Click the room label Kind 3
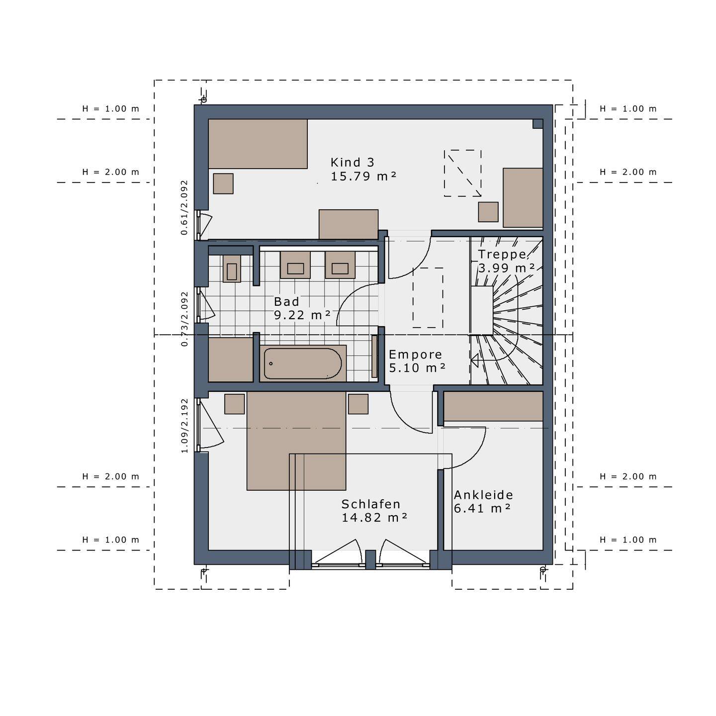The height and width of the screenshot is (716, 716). point(352,162)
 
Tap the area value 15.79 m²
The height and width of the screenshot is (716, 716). point(363,176)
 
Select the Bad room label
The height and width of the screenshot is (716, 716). point(286,302)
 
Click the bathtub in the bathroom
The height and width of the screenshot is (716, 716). point(302,363)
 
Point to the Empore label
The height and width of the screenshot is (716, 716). point(415,355)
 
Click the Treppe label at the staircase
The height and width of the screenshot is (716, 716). point(502,255)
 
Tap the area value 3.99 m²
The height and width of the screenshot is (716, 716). point(506,268)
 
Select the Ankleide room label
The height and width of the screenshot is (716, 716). point(483,495)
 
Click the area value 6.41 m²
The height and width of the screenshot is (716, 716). point(482,508)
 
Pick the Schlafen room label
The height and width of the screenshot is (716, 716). point(370,504)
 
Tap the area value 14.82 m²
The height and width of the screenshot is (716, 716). point(374,518)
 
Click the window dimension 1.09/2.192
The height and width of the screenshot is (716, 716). point(184,426)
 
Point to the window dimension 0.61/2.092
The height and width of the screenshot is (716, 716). point(184,207)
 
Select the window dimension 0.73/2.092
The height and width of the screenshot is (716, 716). point(184,319)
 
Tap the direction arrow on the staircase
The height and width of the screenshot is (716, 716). point(475,359)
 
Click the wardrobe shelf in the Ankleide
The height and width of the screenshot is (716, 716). point(493,406)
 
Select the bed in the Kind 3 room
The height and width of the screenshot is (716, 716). point(258,144)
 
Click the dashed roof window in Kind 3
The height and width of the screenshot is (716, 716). point(462,173)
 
